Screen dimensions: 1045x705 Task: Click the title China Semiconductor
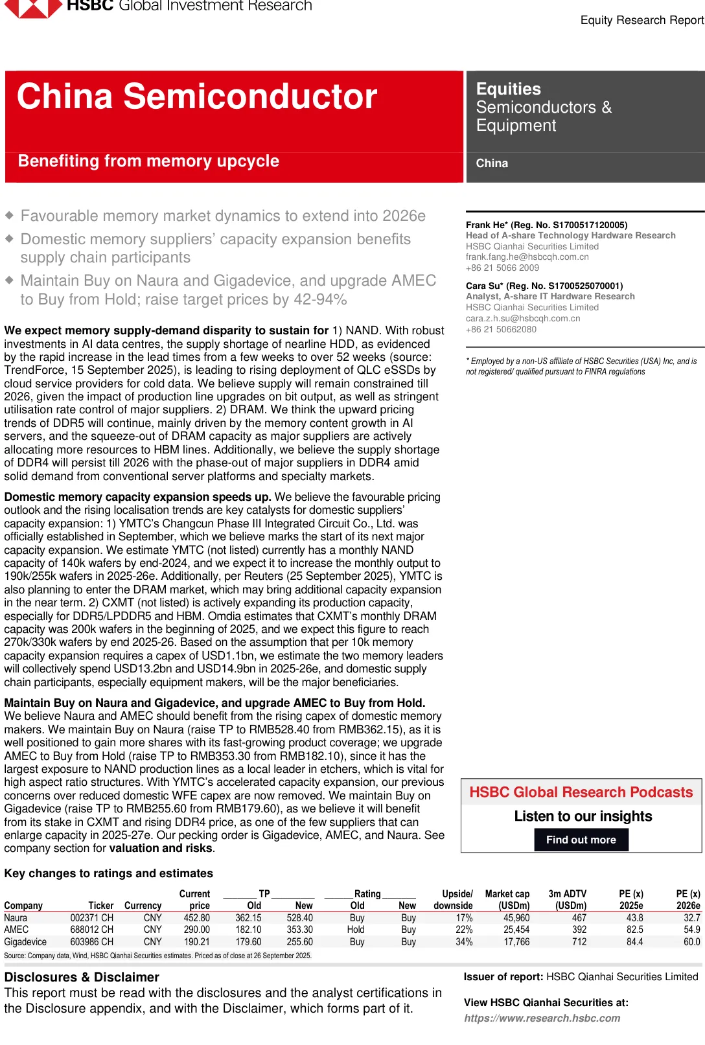(197, 97)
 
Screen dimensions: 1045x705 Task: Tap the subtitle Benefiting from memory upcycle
(148, 161)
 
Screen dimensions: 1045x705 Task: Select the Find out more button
(581, 840)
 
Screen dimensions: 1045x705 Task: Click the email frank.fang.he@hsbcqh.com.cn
(527, 257)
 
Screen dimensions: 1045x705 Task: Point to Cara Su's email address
(522, 319)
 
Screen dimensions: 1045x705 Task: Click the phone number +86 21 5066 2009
(502, 268)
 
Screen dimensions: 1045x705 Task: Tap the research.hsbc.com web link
(542, 1018)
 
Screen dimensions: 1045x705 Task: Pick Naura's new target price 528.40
(299, 918)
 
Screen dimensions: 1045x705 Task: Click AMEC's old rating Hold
(356, 930)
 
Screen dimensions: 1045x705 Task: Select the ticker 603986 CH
(91, 942)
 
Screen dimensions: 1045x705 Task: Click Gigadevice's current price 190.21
(196, 942)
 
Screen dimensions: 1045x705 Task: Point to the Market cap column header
(507, 900)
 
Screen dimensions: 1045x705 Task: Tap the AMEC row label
(16, 930)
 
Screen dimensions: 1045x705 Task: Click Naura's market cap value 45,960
(516, 918)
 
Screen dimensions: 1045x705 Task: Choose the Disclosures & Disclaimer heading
(82, 977)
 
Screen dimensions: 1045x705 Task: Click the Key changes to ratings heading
(108, 873)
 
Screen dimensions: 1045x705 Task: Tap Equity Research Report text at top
(641, 20)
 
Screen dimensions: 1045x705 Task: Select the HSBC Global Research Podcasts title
(581, 792)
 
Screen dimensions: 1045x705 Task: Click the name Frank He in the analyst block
(485, 225)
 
